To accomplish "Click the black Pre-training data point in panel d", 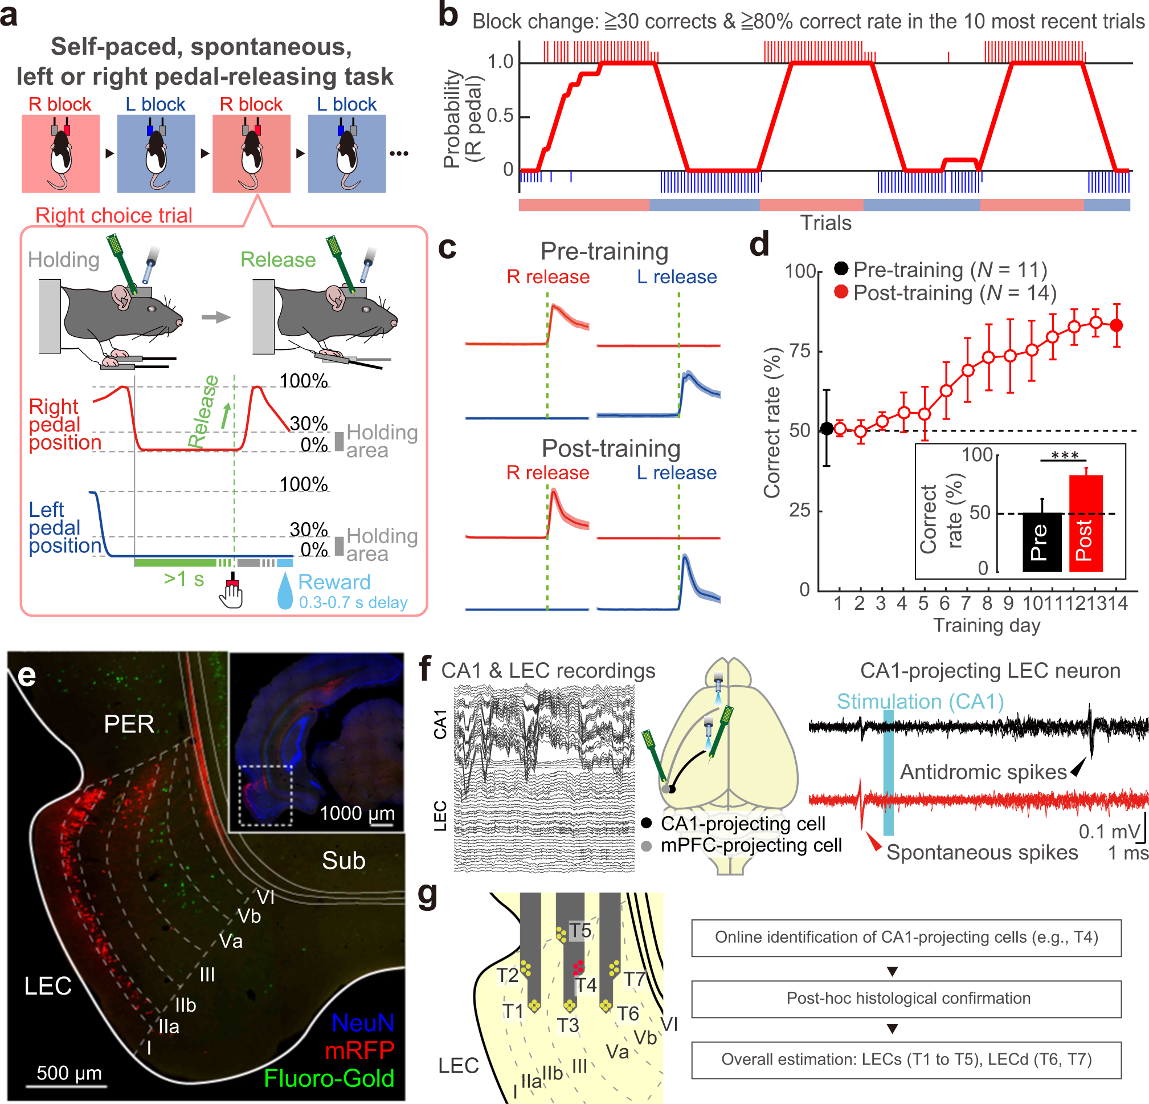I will click(827, 429).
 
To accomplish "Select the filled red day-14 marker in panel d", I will click(1117, 325).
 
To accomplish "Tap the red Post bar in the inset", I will click(1086, 523).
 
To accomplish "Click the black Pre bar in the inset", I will click(1042, 541).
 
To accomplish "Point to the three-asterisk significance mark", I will click(1065, 456).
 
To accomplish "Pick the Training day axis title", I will click(987, 625).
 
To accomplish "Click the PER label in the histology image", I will click(129, 724).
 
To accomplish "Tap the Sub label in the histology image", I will click(344, 861).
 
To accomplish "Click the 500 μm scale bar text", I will click(69, 1073).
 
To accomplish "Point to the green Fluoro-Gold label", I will click(329, 1079).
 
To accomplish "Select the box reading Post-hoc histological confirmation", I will click(906, 999).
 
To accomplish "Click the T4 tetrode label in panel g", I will click(586, 985).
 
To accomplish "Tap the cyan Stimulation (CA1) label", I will click(920, 702).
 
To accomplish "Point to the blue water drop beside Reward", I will click(285, 590).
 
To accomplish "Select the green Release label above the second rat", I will click(278, 260).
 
